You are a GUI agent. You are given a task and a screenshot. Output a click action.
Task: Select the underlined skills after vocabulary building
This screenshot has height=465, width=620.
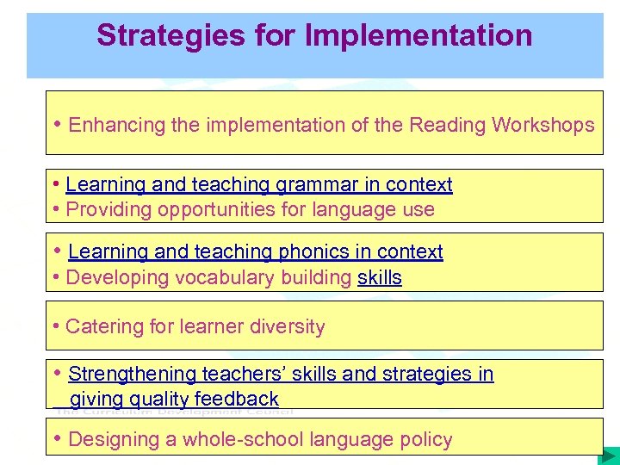[x=380, y=277]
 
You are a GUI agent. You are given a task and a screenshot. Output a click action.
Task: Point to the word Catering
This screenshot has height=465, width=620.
[x=102, y=327]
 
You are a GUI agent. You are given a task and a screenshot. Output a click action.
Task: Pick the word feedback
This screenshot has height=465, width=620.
[x=237, y=399]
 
